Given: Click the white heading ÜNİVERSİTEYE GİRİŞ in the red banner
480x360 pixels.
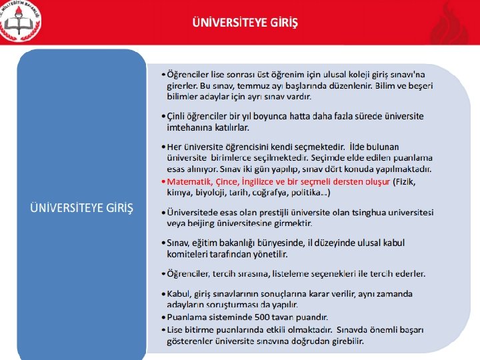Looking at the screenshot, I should click(245, 23).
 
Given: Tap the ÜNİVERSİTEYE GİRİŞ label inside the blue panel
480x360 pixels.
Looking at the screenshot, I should click(81, 208).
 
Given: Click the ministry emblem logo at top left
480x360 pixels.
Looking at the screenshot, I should click(20, 20).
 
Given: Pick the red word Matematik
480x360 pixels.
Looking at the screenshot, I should click(187, 181).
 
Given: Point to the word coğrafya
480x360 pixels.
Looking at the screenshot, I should click(271, 192).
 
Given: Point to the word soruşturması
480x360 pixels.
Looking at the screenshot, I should click(239, 304).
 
